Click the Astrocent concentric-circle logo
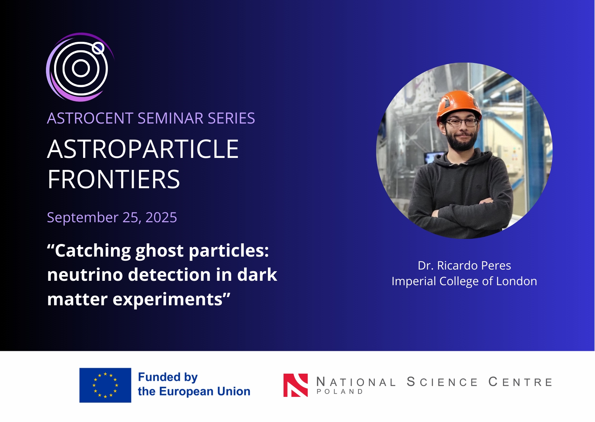tap(80, 67)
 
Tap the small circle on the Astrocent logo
tap(98, 48)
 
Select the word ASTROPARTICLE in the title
tap(143, 149)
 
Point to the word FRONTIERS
tap(114, 179)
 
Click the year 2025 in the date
tap(161, 217)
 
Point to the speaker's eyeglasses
tap(462, 123)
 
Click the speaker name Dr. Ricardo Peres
tap(464, 265)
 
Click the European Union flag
tap(105, 385)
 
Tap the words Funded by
tap(168, 377)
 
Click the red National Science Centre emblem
tap(295, 385)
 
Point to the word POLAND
tap(340, 392)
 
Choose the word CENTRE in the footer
tap(520, 382)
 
